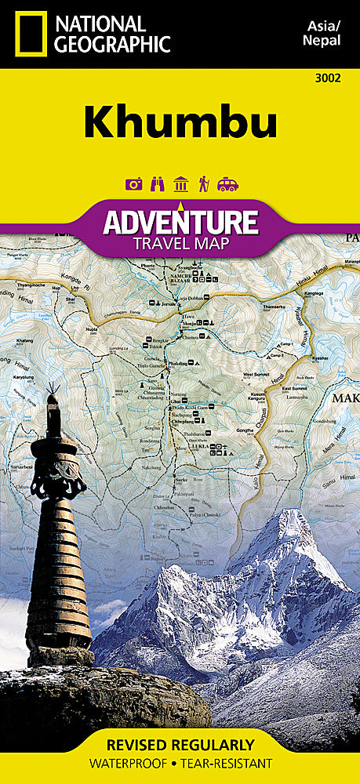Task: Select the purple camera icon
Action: [133, 184]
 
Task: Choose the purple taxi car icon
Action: [227, 184]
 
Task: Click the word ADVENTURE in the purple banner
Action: [180, 222]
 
